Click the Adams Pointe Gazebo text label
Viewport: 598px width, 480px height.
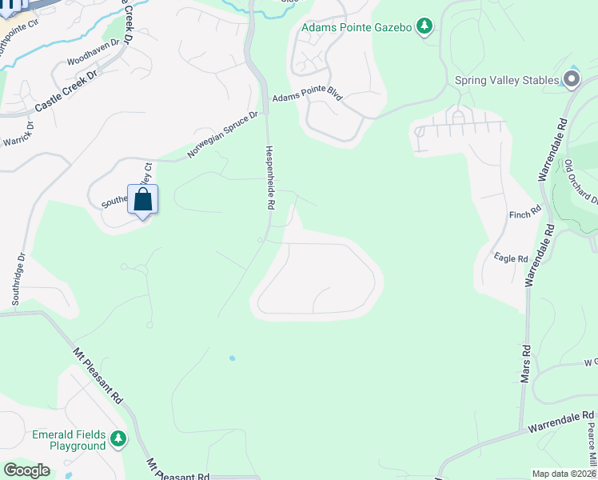click(x=357, y=28)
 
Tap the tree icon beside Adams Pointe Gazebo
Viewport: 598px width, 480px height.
click(x=425, y=28)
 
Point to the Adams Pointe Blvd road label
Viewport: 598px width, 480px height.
click(x=307, y=96)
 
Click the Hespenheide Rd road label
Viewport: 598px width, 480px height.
click(x=270, y=178)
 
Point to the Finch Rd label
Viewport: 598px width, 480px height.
click(x=525, y=214)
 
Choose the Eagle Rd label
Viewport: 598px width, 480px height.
click(x=511, y=258)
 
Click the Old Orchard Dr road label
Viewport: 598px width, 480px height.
click(x=580, y=182)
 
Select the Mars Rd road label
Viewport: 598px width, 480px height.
click(x=526, y=362)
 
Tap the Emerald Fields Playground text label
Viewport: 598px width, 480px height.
click(x=69, y=440)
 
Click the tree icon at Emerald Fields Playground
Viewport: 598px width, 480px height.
click(x=118, y=438)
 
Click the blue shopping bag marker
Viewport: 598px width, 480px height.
click(x=142, y=201)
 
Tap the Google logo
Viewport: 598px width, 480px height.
click(x=27, y=470)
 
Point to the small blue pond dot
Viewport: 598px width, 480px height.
click(x=232, y=358)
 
